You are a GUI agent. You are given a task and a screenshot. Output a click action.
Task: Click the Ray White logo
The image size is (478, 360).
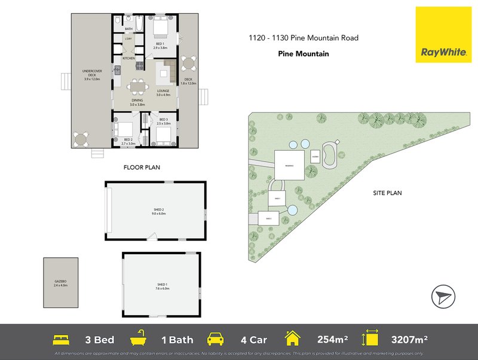[x=444, y=35]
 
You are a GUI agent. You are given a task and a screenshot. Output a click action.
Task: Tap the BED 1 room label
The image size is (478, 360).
[x=160, y=45]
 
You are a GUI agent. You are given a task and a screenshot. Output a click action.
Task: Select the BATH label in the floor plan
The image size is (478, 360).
[x=128, y=29]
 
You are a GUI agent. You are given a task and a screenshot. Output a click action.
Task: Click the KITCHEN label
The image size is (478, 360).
[x=128, y=59]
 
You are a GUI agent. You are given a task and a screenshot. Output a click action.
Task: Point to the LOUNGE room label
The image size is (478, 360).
[x=163, y=93]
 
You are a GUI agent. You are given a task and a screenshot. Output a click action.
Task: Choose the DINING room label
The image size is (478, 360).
[x=137, y=103]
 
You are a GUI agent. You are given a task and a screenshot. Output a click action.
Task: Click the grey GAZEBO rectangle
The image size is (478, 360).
[x=60, y=284]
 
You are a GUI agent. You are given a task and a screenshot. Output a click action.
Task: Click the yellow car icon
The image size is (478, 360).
[x=215, y=340]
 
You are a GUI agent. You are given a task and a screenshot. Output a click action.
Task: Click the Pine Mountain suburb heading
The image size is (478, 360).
[x=304, y=53]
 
